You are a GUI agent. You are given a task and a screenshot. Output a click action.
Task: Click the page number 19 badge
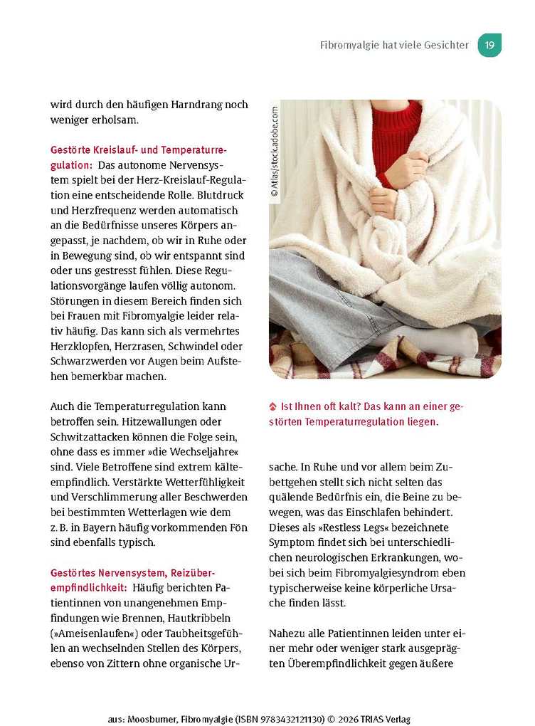pyautogui.click(x=489, y=45)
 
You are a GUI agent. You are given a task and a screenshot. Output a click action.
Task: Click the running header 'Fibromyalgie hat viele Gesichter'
pyautogui.click(x=394, y=45)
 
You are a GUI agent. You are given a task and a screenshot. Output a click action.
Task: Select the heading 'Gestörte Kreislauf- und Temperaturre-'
pyautogui.click(x=139, y=150)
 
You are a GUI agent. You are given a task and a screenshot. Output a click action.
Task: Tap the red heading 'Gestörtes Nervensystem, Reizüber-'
pyautogui.click(x=132, y=573)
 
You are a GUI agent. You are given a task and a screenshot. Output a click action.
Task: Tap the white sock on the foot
pyautogui.click(x=446, y=340)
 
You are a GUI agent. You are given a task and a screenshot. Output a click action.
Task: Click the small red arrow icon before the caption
pyautogui.click(x=272, y=407)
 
